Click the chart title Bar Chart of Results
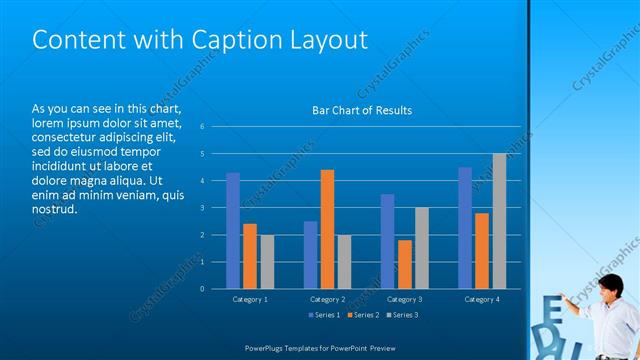coord(362,111)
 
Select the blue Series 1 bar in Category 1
coord(233,231)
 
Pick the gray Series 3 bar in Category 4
coord(499,221)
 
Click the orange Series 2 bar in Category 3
coord(405,264)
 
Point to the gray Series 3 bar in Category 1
coord(266,262)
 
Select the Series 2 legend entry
coord(362,315)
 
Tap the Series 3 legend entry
coord(402,315)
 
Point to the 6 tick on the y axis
coord(202,127)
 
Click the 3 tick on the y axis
coord(202,208)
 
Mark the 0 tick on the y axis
coord(202,289)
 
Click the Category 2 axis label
coord(327,299)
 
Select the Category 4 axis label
coord(482,299)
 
